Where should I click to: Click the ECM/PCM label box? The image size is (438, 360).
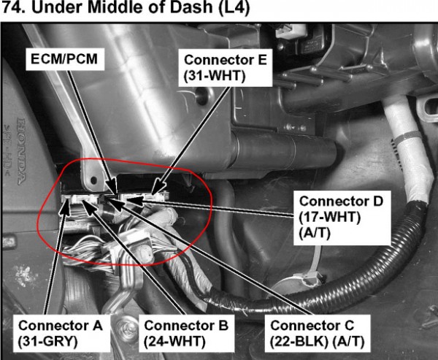(65, 59)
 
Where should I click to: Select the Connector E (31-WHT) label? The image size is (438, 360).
(226, 68)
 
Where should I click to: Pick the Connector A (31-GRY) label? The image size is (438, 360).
(61, 333)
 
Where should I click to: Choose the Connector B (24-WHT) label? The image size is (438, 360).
(186, 333)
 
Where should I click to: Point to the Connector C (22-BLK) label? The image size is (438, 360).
(318, 333)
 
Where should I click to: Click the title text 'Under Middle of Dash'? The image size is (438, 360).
(121, 8)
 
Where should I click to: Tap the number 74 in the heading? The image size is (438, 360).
(11, 8)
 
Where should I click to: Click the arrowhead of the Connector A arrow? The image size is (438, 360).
(66, 206)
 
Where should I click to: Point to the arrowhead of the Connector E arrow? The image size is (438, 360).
(158, 186)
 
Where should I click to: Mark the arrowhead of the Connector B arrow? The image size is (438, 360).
(88, 206)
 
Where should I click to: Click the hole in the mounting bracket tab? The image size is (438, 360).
(93, 180)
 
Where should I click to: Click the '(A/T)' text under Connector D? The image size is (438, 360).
(315, 234)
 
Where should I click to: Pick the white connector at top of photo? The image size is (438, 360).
(288, 31)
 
